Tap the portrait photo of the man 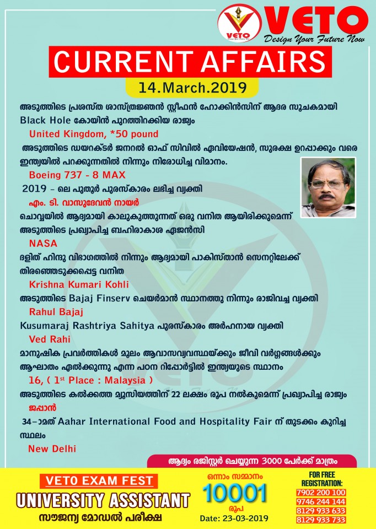click(328, 187)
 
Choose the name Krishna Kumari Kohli click(78, 284)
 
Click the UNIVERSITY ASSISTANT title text click(103, 500)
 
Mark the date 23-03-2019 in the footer click(234, 518)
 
